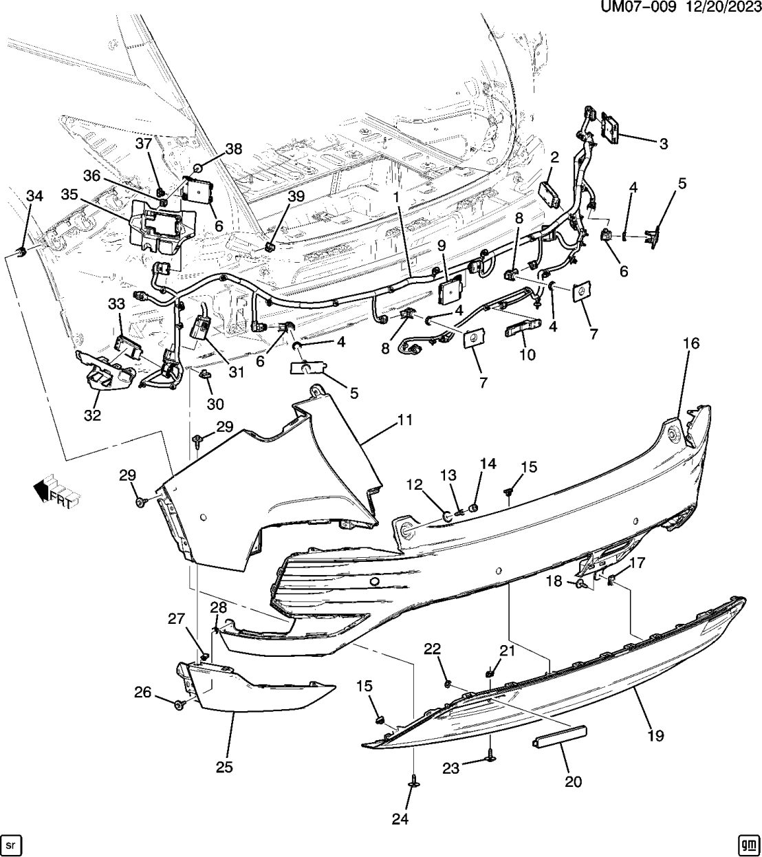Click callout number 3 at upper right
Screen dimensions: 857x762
[x=663, y=144]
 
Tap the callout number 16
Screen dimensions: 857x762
[x=690, y=343]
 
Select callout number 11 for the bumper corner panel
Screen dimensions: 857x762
[x=405, y=419]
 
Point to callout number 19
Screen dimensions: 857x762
[x=655, y=735]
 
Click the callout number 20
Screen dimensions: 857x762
[x=573, y=781]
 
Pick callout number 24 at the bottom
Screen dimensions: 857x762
[x=400, y=818]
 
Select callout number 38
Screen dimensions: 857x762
[x=234, y=148]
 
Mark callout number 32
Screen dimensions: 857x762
[x=93, y=415]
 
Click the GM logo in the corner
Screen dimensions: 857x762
[x=748, y=843]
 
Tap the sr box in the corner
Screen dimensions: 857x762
[x=12, y=843]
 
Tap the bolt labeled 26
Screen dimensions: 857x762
[x=180, y=705]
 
